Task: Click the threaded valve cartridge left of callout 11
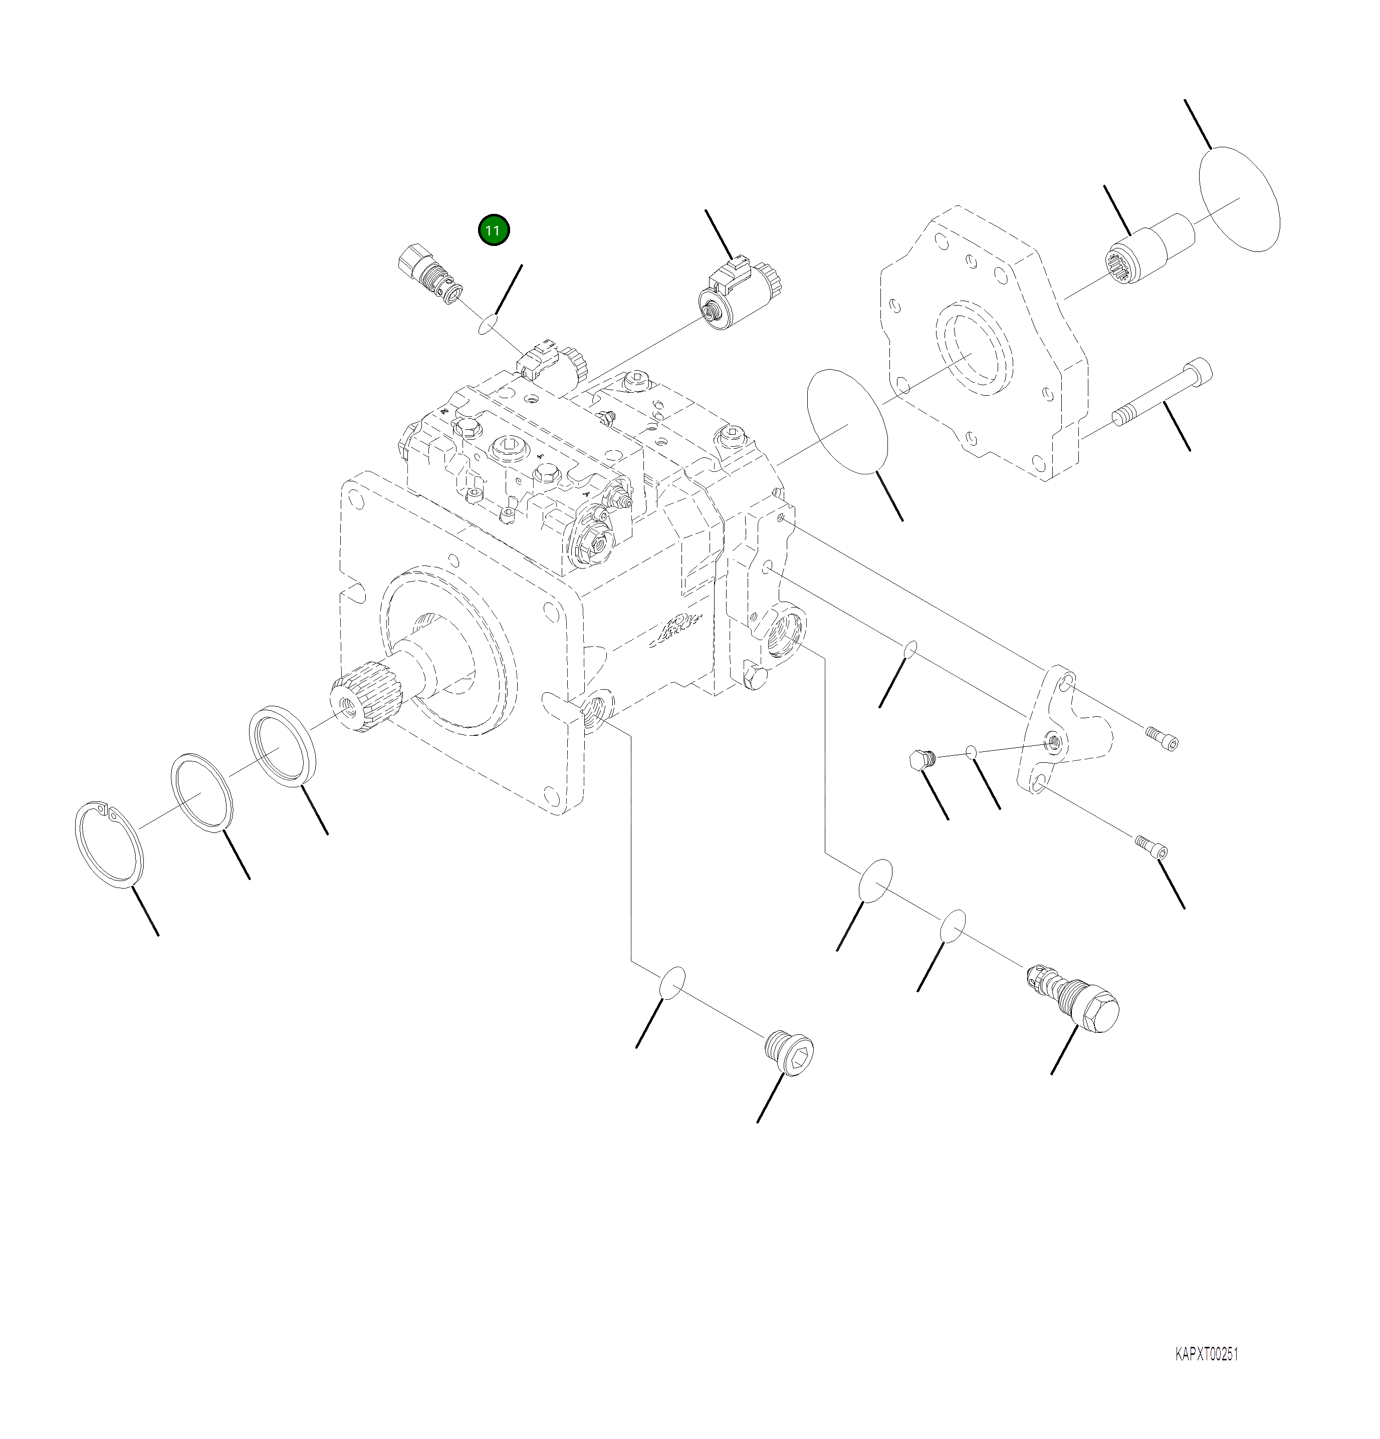point(429,277)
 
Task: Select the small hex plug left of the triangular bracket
point(920,759)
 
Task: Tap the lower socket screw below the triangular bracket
point(1152,846)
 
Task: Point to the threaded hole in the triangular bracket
point(1054,742)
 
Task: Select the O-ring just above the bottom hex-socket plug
point(672,982)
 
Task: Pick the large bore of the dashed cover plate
point(973,353)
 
